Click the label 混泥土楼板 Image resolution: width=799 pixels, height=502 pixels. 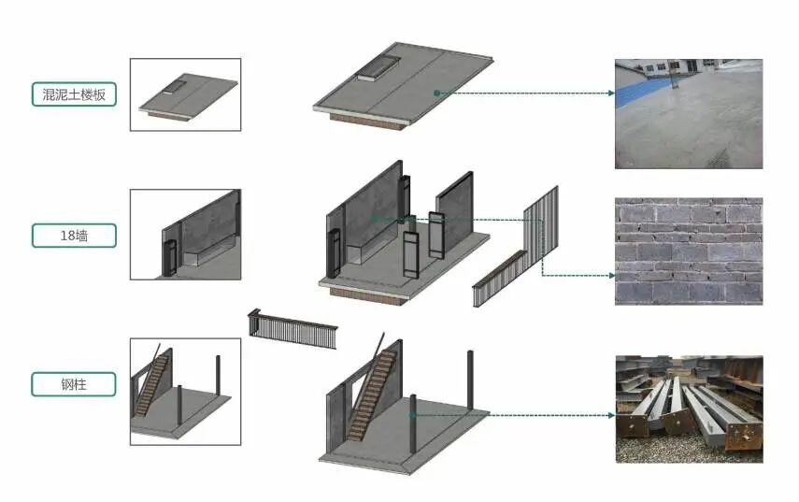click(74, 94)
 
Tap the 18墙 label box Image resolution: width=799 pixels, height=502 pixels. click(74, 236)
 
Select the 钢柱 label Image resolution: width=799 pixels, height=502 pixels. click(74, 384)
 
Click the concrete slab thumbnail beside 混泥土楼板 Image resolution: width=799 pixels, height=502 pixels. click(185, 94)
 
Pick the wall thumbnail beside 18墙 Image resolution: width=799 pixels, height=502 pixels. click(185, 235)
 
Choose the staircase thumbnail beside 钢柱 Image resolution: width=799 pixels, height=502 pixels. click(185, 392)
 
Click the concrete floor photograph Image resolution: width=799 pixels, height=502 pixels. click(689, 114)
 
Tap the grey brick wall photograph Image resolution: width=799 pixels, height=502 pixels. click(689, 251)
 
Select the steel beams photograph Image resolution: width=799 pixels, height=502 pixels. click(689, 409)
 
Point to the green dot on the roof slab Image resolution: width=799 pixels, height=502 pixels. click(436, 93)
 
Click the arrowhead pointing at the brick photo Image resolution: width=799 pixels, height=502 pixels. click(611, 276)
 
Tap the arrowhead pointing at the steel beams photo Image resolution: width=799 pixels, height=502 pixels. click(611, 415)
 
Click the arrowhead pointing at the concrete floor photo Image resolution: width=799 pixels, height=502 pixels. click(611, 93)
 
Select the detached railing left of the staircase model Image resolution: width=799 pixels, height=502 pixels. click(292, 329)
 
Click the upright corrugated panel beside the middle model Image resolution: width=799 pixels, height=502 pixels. click(541, 227)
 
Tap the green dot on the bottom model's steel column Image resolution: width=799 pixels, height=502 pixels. click(413, 415)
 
